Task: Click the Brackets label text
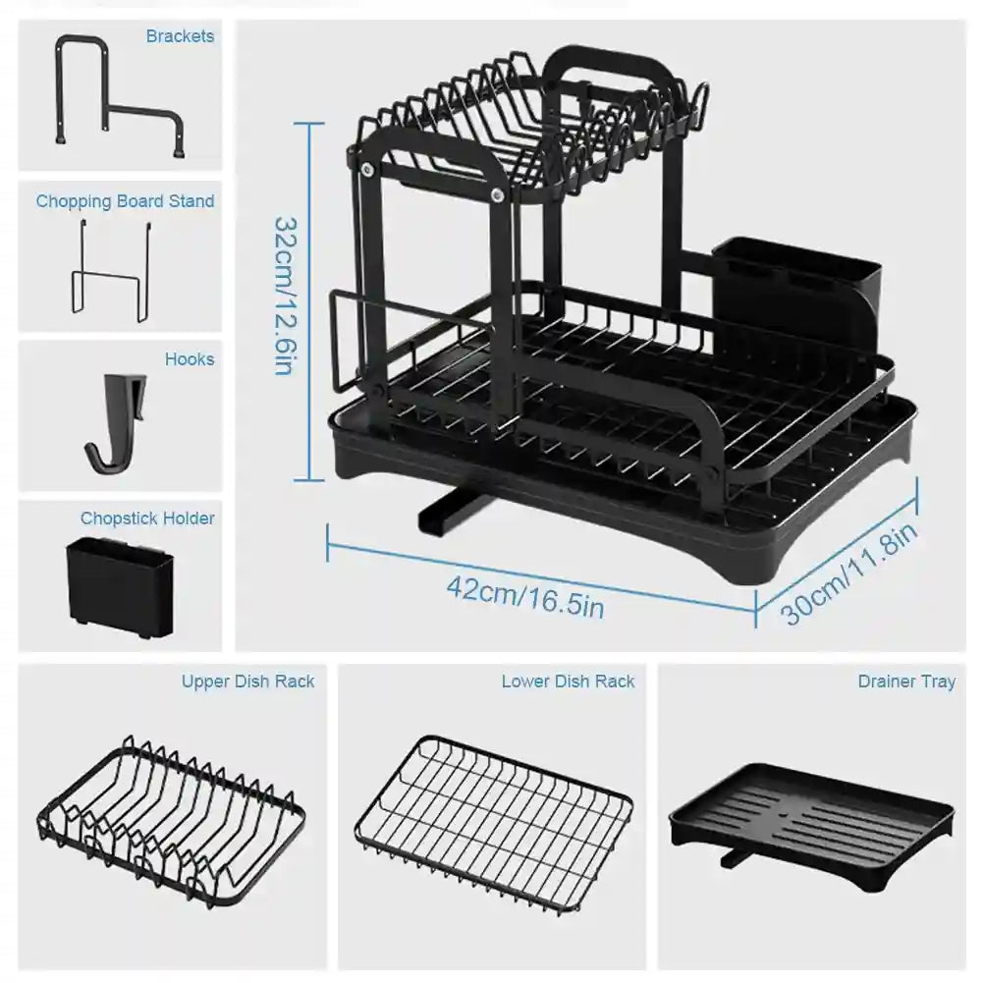coord(180,36)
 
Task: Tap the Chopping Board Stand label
coord(125,201)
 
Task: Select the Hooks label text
coord(190,359)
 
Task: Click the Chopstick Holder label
coord(147,519)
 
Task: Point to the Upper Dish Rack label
coord(247,682)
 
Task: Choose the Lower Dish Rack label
coord(568,682)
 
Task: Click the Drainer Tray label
coord(905,682)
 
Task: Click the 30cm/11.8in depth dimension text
coord(850,573)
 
